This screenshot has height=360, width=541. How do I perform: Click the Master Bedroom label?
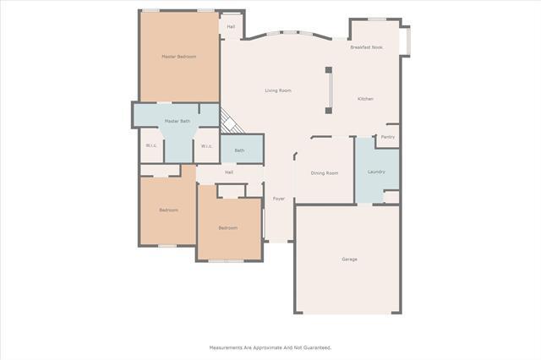tap(179, 57)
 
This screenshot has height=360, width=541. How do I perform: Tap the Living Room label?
tap(278, 90)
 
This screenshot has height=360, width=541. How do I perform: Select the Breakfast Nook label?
tap(366, 47)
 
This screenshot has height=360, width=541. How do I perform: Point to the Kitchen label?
tap(365, 99)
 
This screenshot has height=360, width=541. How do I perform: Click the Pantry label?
tap(388, 137)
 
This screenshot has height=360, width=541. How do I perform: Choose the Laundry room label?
tap(376, 172)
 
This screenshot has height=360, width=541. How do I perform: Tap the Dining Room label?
tap(325, 173)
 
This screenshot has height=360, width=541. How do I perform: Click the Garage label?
tap(349, 259)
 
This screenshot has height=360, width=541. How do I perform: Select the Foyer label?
tap(278, 199)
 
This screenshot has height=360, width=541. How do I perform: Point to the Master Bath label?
tap(178, 122)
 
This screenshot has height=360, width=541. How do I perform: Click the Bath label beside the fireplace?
tap(239, 150)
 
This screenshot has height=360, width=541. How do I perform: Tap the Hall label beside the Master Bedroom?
tap(231, 26)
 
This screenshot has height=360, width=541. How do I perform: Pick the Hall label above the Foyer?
tap(228, 172)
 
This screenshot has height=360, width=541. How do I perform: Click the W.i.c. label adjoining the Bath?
tap(206, 145)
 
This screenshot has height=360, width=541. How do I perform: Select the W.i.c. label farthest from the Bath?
tap(150, 145)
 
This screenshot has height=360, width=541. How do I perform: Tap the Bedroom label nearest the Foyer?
tap(227, 227)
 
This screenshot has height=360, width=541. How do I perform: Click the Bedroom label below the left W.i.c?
tap(168, 210)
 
